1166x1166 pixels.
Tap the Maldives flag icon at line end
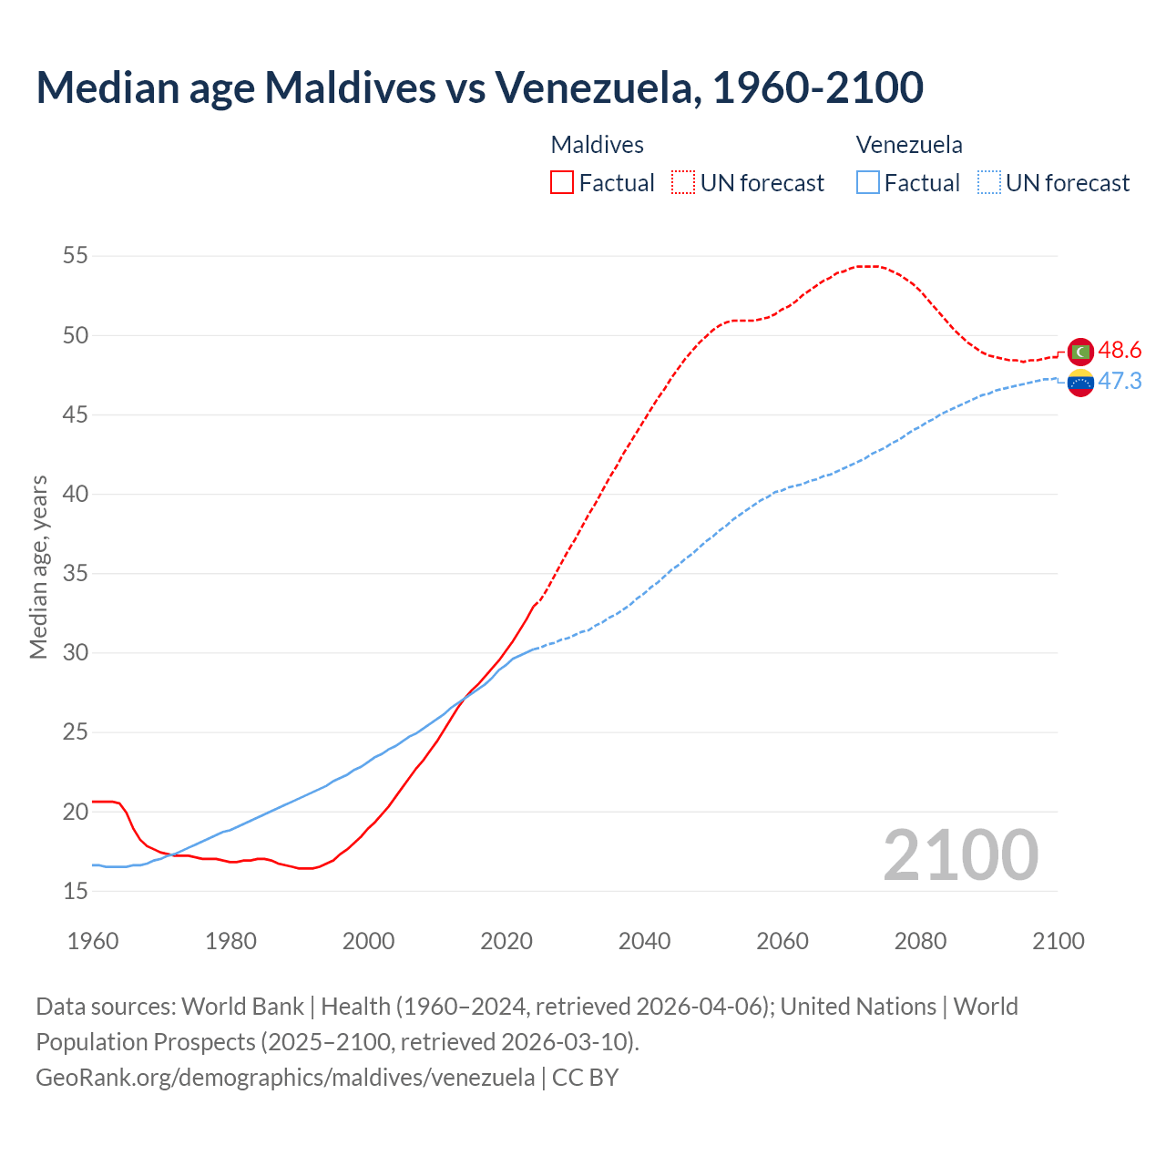(x=1080, y=351)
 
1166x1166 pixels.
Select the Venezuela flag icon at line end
(x=1080, y=383)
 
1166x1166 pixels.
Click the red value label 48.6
(x=1120, y=351)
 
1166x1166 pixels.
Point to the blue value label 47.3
(x=1120, y=382)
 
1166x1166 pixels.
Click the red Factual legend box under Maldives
(x=562, y=183)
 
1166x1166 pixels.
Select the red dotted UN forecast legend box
(x=683, y=183)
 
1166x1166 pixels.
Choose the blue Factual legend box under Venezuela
(x=868, y=183)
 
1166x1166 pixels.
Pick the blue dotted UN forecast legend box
(x=988, y=183)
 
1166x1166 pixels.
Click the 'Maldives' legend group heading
(x=597, y=145)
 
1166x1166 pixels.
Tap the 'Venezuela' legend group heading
(x=909, y=145)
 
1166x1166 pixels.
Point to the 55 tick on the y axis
(x=76, y=256)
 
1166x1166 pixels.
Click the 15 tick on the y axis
(x=76, y=891)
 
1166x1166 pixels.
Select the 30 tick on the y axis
(x=76, y=653)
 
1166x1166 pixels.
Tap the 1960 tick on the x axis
(x=93, y=941)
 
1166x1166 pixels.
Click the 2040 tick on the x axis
(x=644, y=941)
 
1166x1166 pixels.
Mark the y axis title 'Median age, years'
(x=38, y=567)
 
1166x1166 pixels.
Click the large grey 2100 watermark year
(x=960, y=855)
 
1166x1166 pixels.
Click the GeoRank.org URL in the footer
(x=285, y=1078)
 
